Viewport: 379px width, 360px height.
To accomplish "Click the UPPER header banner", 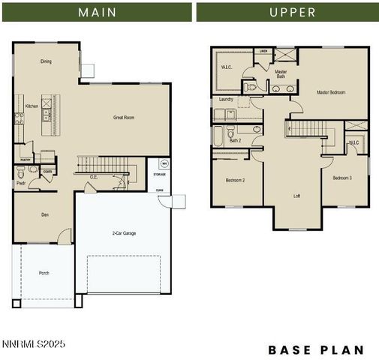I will point(288,12).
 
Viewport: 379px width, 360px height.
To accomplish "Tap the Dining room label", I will point(47,62).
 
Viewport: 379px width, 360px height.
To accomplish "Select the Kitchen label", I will point(32,106).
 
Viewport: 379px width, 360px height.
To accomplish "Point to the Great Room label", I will point(124,118).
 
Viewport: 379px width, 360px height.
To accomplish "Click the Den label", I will point(44,215).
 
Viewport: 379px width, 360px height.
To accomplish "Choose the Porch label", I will point(44,273).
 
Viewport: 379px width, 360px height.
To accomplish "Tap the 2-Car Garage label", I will point(125,233).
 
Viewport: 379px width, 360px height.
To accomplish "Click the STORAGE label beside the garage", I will point(159,175).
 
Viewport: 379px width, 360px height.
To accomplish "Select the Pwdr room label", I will point(21,183).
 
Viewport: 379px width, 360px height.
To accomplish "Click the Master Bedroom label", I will point(331,92).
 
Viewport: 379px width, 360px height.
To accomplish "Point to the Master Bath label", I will point(281,73).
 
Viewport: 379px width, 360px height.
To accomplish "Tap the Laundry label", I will point(226,99).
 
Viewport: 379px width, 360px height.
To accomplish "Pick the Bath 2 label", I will point(235,140).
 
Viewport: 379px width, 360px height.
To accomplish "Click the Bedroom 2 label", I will point(236,180).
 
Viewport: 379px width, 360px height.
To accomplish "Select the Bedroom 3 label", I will point(342,178).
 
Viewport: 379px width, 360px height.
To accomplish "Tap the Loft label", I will point(297,195).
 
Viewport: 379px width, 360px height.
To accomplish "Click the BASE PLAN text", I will point(316,349).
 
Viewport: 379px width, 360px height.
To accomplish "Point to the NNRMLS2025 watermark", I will point(34,344).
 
